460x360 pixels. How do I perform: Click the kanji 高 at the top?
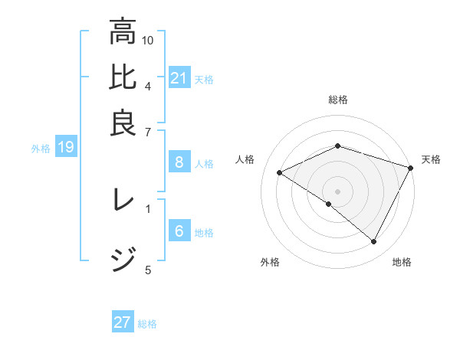tap(123, 32)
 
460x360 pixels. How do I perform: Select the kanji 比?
tap(123, 78)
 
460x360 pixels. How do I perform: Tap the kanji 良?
tap(123, 123)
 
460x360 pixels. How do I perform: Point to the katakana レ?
tap(123, 201)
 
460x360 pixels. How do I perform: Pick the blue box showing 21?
tap(179, 78)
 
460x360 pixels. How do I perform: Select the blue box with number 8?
tap(179, 162)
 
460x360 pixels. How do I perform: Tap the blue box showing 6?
tap(179, 232)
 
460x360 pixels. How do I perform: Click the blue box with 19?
tap(66, 148)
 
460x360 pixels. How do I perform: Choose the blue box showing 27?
tap(123, 322)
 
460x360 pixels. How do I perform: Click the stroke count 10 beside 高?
tap(148, 40)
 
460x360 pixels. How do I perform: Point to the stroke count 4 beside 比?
tap(148, 85)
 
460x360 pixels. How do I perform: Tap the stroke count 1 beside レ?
tap(148, 207)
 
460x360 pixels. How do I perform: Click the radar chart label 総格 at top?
tap(338, 100)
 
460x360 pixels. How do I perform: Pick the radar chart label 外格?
tap(270, 263)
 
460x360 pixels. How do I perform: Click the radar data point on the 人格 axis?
tap(280, 173)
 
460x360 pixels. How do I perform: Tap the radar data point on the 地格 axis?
tap(374, 242)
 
